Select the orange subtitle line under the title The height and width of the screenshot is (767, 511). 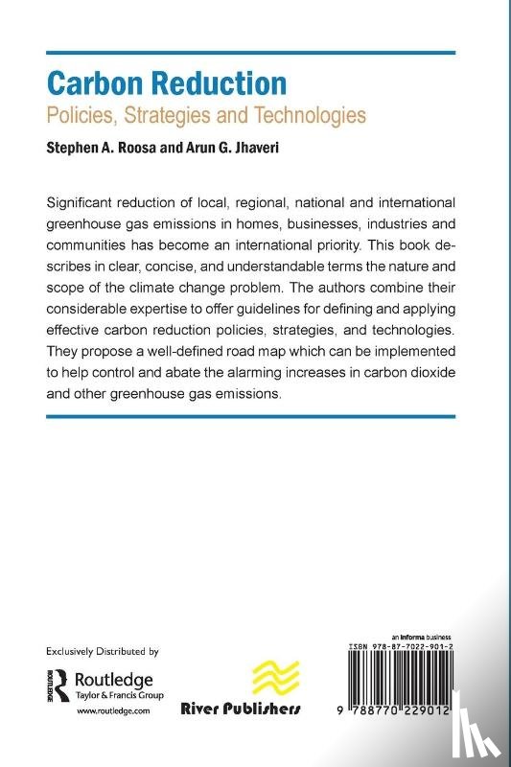point(207,116)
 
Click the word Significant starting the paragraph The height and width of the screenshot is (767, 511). point(90,203)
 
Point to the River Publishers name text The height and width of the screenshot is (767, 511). point(241,709)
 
